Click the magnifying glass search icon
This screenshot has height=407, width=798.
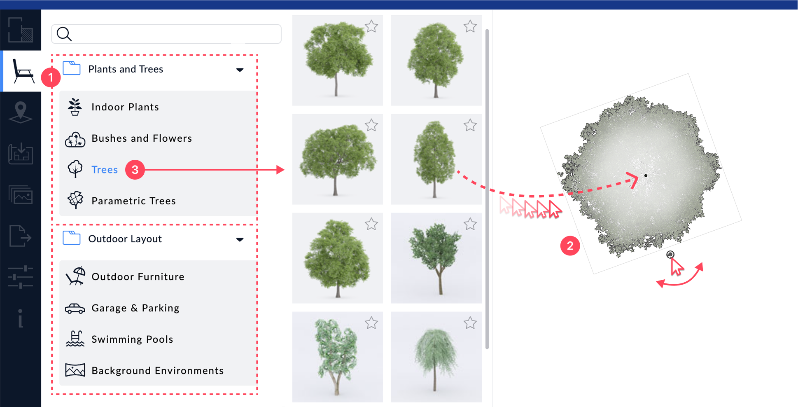[x=64, y=34]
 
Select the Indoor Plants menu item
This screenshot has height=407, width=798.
[x=125, y=107]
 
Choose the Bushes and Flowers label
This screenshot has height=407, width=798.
[x=142, y=138]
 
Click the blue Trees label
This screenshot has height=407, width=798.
[x=105, y=170]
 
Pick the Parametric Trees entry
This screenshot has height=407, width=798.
[x=133, y=201]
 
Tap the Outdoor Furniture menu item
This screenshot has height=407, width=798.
[x=138, y=277]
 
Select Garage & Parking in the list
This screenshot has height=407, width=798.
[x=135, y=308]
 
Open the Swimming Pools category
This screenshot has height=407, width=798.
[x=132, y=339]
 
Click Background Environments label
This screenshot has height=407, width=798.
[x=157, y=371]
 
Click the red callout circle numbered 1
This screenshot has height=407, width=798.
[x=51, y=77]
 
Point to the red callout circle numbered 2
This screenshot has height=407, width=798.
[x=570, y=246]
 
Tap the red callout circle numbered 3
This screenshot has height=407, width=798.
[x=135, y=170]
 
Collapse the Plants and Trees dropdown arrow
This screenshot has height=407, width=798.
[x=240, y=70]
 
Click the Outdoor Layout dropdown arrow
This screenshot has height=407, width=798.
[x=240, y=240]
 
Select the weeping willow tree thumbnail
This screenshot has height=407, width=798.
[x=436, y=357]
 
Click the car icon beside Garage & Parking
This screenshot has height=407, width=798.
[x=75, y=309]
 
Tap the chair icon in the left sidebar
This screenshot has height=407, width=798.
[x=23, y=71]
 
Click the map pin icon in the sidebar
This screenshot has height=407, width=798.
[x=21, y=112]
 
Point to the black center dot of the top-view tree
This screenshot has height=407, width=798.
[x=646, y=176]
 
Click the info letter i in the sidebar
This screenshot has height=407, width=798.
[x=20, y=318]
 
